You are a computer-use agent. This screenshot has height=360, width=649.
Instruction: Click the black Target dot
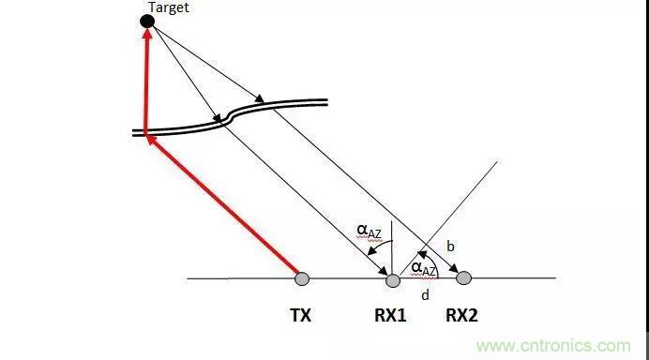147,22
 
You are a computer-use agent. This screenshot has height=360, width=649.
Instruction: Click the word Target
169,7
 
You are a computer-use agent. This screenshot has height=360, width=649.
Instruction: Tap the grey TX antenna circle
302,278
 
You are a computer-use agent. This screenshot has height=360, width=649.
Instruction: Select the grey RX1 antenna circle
393,280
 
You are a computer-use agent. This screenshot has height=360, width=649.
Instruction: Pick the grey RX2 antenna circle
463,278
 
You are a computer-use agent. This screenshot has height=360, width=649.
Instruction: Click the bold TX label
300,315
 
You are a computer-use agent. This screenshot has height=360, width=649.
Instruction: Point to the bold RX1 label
390,315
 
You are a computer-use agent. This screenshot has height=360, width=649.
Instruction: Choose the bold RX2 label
461,315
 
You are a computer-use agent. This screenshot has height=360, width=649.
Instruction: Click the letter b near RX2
450,247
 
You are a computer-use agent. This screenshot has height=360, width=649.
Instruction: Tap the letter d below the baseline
425,295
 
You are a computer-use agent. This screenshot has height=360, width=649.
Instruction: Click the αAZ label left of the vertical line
369,232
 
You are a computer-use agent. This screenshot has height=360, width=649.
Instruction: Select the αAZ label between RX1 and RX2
423,269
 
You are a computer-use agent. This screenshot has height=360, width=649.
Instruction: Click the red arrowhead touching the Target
147,33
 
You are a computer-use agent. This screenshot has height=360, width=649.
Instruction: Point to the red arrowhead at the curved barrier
152,141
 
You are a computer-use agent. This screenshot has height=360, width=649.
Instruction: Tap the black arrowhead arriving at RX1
384,270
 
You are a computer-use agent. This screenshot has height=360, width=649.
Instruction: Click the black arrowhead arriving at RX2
454,267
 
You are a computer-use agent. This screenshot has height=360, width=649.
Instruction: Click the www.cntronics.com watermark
553,346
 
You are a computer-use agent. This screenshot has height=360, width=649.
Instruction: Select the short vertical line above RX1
391,247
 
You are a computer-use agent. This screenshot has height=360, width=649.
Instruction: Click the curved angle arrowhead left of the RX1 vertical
372,250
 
